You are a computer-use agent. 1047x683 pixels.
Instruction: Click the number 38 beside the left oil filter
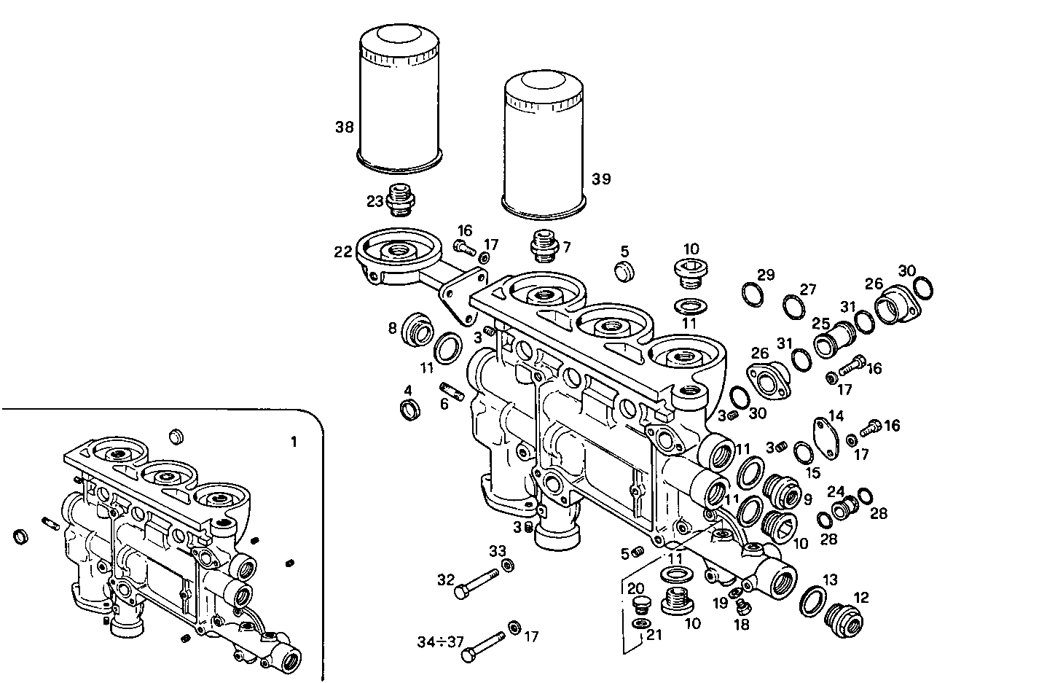click(x=344, y=128)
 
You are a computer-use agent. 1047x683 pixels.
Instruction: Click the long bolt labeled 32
click(x=477, y=583)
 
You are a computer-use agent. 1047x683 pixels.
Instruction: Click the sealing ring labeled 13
click(x=811, y=601)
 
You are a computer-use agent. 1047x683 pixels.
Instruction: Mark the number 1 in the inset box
click(x=294, y=442)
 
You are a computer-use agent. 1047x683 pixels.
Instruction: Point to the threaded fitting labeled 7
click(x=543, y=246)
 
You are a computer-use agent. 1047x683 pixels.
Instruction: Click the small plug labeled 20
click(x=641, y=604)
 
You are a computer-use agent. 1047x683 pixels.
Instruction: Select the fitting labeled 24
click(x=843, y=507)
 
